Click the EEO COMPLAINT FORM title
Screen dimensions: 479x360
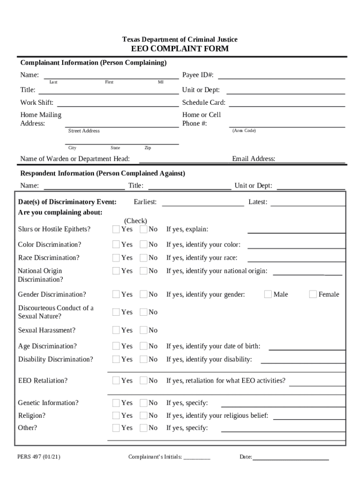(x=180, y=49)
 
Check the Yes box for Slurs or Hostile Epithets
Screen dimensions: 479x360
(x=116, y=229)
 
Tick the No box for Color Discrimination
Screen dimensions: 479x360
(x=143, y=245)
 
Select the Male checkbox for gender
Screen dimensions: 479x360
(x=268, y=294)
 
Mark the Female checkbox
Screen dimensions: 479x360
(x=313, y=294)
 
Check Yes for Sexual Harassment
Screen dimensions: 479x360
(x=116, y=330)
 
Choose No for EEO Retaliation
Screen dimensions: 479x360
(x=143, y=381)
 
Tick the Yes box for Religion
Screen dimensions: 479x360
(x=116, y=415)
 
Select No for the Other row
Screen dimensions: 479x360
(x=143, y=428)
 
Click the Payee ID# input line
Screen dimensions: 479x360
(x=281, y=76)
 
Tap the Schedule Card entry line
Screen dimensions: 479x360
(x=287, y=103)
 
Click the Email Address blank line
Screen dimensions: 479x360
(x=311, y=160)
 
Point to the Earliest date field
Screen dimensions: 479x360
(x=203, y=203)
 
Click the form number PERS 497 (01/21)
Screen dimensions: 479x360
(x=39, y=457)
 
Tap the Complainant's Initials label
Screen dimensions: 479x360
(x=155, y=457)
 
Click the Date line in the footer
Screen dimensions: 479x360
(x=291, y=457)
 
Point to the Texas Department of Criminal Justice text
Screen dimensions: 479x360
(x=180, y=40)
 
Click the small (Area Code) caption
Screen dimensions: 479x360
(x=244, y=131)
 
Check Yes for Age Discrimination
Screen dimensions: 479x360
(x=116, y=346)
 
